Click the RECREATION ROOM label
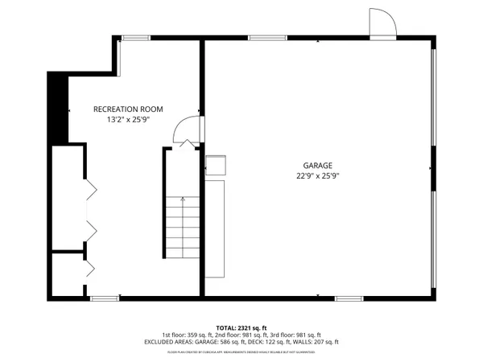pos(128,109)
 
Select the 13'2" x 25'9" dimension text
pos(128,120)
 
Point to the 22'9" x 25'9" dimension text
pos(319,175)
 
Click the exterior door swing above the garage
pos(382,23)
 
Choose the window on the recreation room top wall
pos(135,38)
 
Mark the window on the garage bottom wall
pos(348,298)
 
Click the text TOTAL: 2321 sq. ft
pos(242,327)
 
